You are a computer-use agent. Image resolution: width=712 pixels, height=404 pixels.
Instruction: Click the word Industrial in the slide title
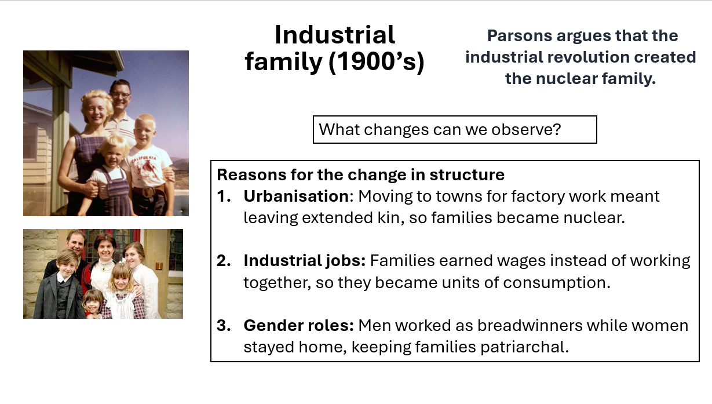pos(335,35)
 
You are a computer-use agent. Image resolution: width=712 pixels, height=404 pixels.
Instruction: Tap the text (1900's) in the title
pos(377,61)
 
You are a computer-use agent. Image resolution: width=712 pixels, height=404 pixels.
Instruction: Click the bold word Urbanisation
pos(296,196)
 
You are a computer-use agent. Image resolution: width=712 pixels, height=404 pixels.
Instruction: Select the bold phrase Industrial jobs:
pos(305,261)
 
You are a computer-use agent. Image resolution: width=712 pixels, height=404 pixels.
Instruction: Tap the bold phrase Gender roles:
pos(298,325)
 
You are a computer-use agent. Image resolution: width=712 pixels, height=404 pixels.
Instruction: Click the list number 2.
pos(224,261)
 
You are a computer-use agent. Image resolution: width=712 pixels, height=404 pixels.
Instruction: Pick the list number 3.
pos(224,325)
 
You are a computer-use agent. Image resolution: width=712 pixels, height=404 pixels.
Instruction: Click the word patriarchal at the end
pos(524,347)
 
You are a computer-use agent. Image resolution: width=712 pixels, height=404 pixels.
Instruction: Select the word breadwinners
pos(530,325)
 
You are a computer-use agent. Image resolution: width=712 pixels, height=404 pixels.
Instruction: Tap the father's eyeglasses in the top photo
pos(121,94)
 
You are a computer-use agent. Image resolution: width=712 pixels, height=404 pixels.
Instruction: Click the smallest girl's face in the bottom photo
pos(93,304)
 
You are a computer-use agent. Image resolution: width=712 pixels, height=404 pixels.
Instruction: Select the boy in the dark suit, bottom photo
pos(60,284)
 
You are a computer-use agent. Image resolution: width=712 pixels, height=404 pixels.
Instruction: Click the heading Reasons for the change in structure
pos(360,174)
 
